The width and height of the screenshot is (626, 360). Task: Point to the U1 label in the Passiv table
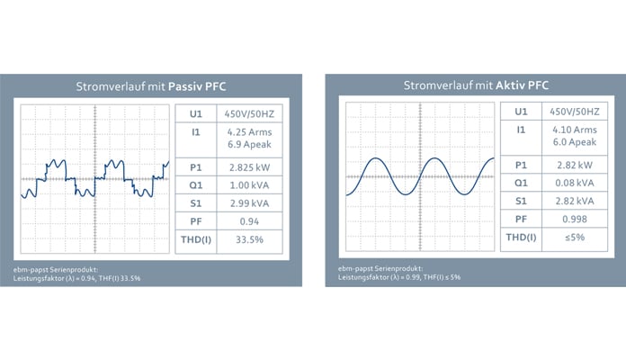point(195,114)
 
